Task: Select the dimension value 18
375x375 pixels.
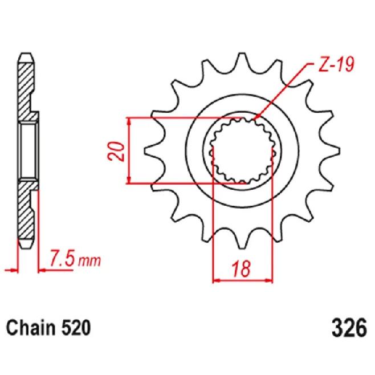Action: (242, 270)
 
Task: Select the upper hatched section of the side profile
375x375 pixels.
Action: (27, 91)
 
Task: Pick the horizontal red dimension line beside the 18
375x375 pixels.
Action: (242, 280)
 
